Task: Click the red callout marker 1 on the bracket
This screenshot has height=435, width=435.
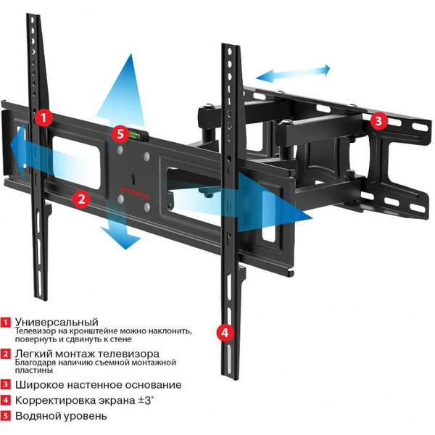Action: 44,117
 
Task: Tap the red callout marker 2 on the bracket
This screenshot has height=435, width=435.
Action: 81,196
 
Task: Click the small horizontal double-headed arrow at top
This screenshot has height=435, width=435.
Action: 291,72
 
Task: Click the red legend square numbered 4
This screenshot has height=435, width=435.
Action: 6,400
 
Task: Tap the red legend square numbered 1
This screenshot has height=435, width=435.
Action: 6,321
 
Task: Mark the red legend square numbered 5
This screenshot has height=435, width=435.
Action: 6,416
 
